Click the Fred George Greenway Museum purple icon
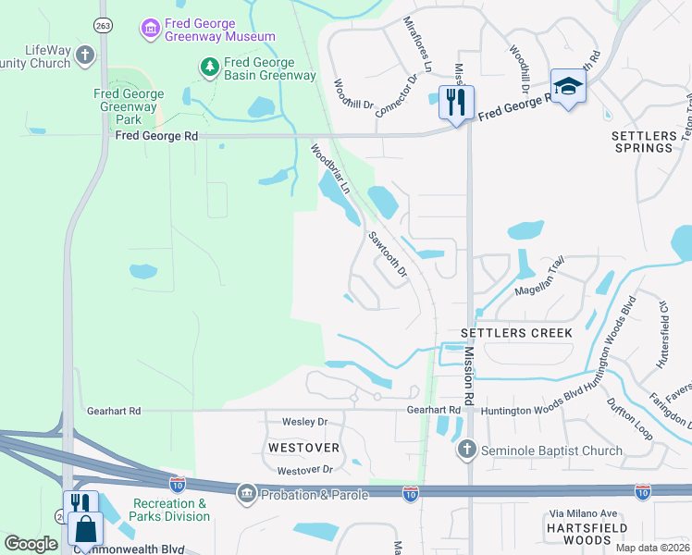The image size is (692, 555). (150, 29)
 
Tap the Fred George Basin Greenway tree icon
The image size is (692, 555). (210, 67)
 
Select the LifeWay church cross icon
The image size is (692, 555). (85, 55)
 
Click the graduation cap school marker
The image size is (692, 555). (568, 86)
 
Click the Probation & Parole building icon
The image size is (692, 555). (246, 494)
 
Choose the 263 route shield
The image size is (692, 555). (103, 27)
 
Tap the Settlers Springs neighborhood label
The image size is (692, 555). (643, 142)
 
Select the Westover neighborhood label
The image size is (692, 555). (303, 448)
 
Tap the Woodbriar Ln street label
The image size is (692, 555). (331, 167)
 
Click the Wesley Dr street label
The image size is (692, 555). (305, 422)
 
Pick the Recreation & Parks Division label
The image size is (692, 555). (170, 510)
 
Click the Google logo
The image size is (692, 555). (31, 544)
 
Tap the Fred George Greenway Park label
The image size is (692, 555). (129, 106)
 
